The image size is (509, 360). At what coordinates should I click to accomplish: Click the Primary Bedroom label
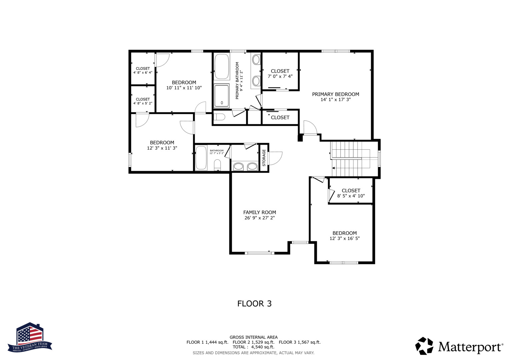coord(335,94)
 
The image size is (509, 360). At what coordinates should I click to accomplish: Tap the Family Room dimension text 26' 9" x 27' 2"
coord(259,218)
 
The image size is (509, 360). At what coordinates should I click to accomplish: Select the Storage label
coord(264,158)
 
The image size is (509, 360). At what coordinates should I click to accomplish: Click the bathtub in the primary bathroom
coord(221,66)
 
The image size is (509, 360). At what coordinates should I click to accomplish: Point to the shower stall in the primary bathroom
coord(221,96)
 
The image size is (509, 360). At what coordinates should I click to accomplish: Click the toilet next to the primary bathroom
coord(219,117)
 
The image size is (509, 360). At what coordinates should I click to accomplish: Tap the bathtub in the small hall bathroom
coord(201,158)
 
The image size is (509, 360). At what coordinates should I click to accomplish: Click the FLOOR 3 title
coord(254,304)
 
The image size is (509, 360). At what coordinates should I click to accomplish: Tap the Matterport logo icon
coord(424,346)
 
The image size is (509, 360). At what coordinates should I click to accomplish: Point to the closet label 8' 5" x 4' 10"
coord(351,196)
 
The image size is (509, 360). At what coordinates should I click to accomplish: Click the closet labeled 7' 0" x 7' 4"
coord(280,74)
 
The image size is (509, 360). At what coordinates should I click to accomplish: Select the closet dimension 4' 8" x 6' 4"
coord(143,72)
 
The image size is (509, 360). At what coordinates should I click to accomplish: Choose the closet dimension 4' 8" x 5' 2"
coord(143,103)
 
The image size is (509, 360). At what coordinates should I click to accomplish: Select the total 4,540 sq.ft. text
coord(253,347)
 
